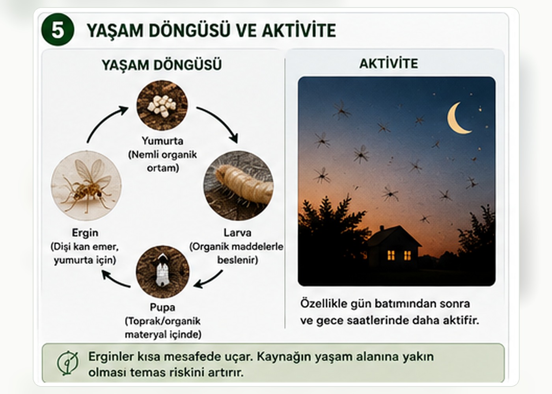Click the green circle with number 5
tap(58, 30)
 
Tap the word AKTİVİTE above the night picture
tap(389, 63)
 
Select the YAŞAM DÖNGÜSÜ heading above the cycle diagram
tap(162, 65)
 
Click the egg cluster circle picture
tap(162, 106)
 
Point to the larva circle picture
tap(239, 186)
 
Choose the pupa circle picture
tap(162, 272)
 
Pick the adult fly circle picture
tap(86, 186)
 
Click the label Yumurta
tap(162, 141)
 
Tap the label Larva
tap(237, 233)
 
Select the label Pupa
tap(162, 307)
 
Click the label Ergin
tap(85, 233)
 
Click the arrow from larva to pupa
tap(209, 281)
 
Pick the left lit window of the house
tap(391, 255)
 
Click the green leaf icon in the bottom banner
tap(67, 363)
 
